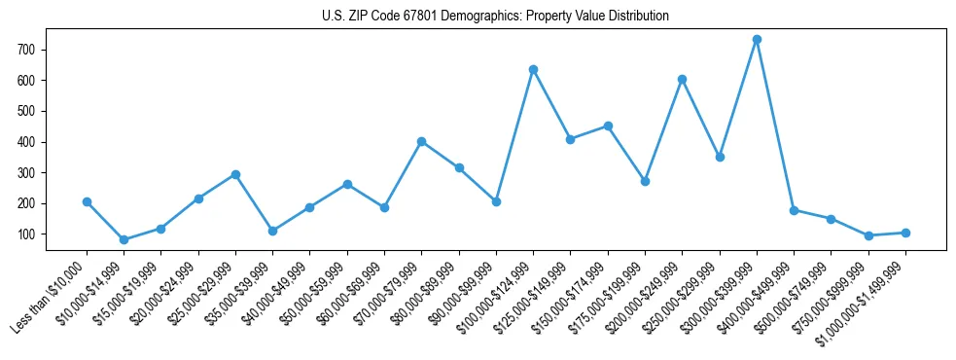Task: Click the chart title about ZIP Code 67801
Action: point(495,17)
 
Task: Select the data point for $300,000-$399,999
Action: point(757,40)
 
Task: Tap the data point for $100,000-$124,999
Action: point(533,70)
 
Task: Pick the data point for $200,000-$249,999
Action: point(682,80)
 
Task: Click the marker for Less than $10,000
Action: point(87,202)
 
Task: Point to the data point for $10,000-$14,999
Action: point(124,239)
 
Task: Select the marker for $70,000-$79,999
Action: point(421,141)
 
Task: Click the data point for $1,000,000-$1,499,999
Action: point(905,233)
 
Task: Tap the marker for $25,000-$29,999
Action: point(235,175)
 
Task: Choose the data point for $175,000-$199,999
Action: point(645,182)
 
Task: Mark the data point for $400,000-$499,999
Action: point(794,210)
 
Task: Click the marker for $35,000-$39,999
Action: point(272,232)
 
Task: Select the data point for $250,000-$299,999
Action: point(720,157)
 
